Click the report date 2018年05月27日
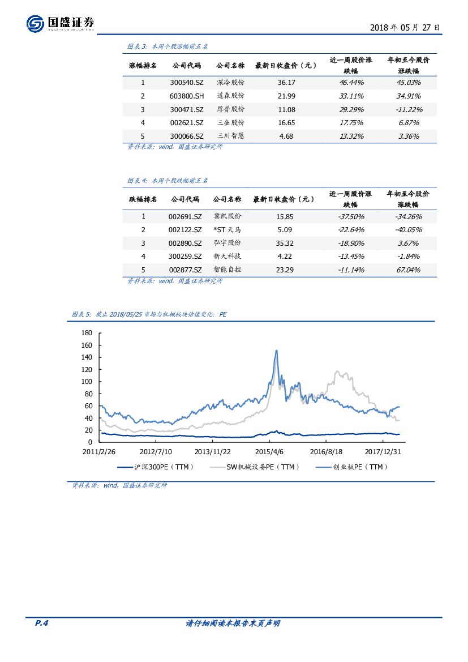[405, 27]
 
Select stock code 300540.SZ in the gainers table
[186, 83]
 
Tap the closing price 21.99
[286, 96]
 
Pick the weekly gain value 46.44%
[351, 83]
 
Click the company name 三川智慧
[231, 136]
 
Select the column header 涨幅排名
[143, 66]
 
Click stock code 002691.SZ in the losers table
[185, 216]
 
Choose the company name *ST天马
[227, 230]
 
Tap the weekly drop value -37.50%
[351, 217]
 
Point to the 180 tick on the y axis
[87, 333]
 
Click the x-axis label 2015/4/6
[269, 452]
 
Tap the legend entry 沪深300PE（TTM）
[156, 467]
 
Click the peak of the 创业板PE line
[276, 351]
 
